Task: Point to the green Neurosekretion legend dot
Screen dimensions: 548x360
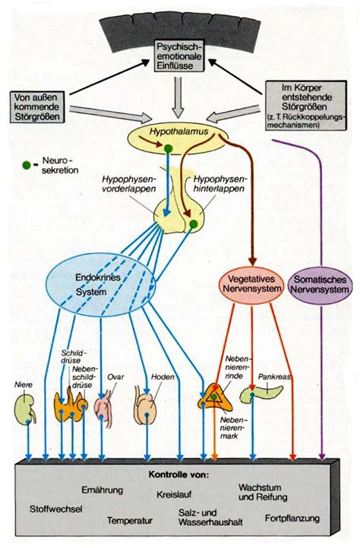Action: click(27, 164)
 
